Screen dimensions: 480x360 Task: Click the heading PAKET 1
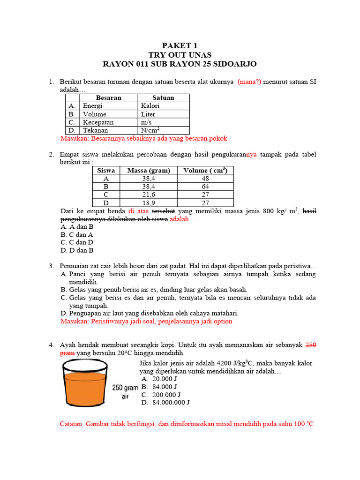tap(180, 45)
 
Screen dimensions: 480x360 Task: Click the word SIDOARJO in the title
tap(233, 64)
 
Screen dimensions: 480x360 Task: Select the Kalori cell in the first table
tap(150, 106)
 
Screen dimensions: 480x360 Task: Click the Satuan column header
tap(163, 98)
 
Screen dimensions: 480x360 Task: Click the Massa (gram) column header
tap(149, 171)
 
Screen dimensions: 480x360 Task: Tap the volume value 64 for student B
tap(205, 187)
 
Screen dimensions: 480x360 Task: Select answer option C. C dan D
tap(77, 242)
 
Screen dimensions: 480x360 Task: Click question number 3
tap(52, 266)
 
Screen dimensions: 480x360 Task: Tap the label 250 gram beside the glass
tap(125, 388)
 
